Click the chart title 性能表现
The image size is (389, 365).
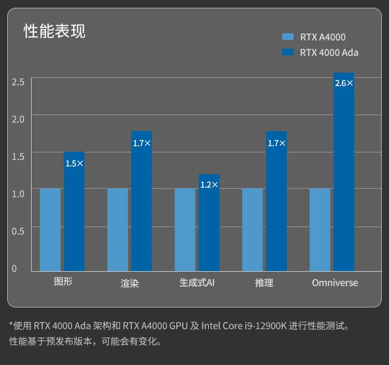54,31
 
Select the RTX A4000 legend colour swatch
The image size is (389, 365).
288,37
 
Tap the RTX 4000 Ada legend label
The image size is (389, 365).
329,52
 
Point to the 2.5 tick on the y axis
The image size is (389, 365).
18,82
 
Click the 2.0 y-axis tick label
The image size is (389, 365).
18,119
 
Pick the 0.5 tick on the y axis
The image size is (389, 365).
18,231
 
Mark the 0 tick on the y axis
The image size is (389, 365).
15,269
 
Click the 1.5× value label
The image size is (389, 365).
74,163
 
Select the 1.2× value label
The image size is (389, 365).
209,185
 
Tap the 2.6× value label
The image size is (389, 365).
344,83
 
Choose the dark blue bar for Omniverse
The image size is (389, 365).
344,176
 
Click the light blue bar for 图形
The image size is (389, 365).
50,230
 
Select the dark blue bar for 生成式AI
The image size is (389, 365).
209,228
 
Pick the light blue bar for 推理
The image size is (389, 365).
253,230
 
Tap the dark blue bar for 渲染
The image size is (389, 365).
142,207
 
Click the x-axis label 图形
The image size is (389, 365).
63,282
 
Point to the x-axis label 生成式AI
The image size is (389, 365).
197,283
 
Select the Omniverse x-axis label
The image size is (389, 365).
335,283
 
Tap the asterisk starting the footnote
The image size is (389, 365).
11,326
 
